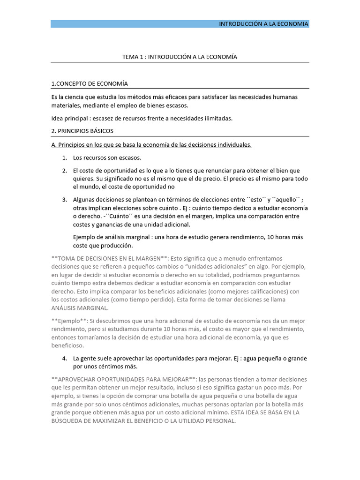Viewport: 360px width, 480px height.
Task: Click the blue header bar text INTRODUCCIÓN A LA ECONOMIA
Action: [264, 24]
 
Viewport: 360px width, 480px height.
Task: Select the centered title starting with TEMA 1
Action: [180, 57]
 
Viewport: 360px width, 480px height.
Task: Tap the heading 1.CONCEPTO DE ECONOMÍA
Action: [89, 83]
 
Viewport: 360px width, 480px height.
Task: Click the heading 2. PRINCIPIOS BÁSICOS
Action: [82, 131]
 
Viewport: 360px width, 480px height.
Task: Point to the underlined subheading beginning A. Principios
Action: [151, 145]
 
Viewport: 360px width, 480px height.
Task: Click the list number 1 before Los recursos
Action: [64, 157]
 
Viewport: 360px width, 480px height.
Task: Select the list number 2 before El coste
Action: [64, 170]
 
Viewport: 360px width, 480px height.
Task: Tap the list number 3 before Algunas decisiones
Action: [64, 200]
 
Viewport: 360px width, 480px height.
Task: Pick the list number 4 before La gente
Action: [64, 359]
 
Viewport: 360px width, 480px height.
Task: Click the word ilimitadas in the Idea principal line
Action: [216, 119]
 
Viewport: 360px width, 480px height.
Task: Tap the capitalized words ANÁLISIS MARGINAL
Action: [80, 308]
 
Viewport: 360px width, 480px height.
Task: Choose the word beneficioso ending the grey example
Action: [67, 345]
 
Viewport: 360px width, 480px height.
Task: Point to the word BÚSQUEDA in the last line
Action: [67, 421]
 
